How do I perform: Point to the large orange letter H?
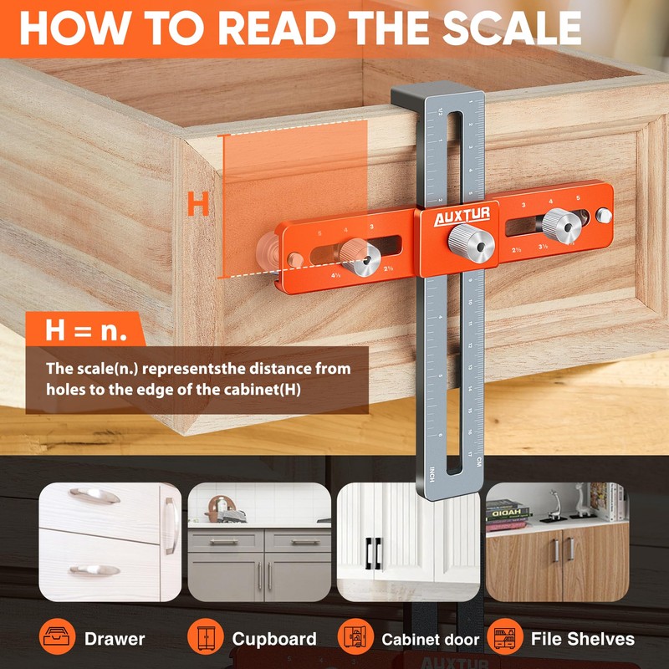[197, 204]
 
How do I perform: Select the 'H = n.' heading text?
[86, 330]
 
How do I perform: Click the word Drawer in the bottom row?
[115, 640]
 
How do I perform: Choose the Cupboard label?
[274, 640]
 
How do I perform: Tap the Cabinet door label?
[431, 640]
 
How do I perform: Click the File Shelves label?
[583, 640]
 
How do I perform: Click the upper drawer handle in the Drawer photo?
[94, 496]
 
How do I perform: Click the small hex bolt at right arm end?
[605, 216]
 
